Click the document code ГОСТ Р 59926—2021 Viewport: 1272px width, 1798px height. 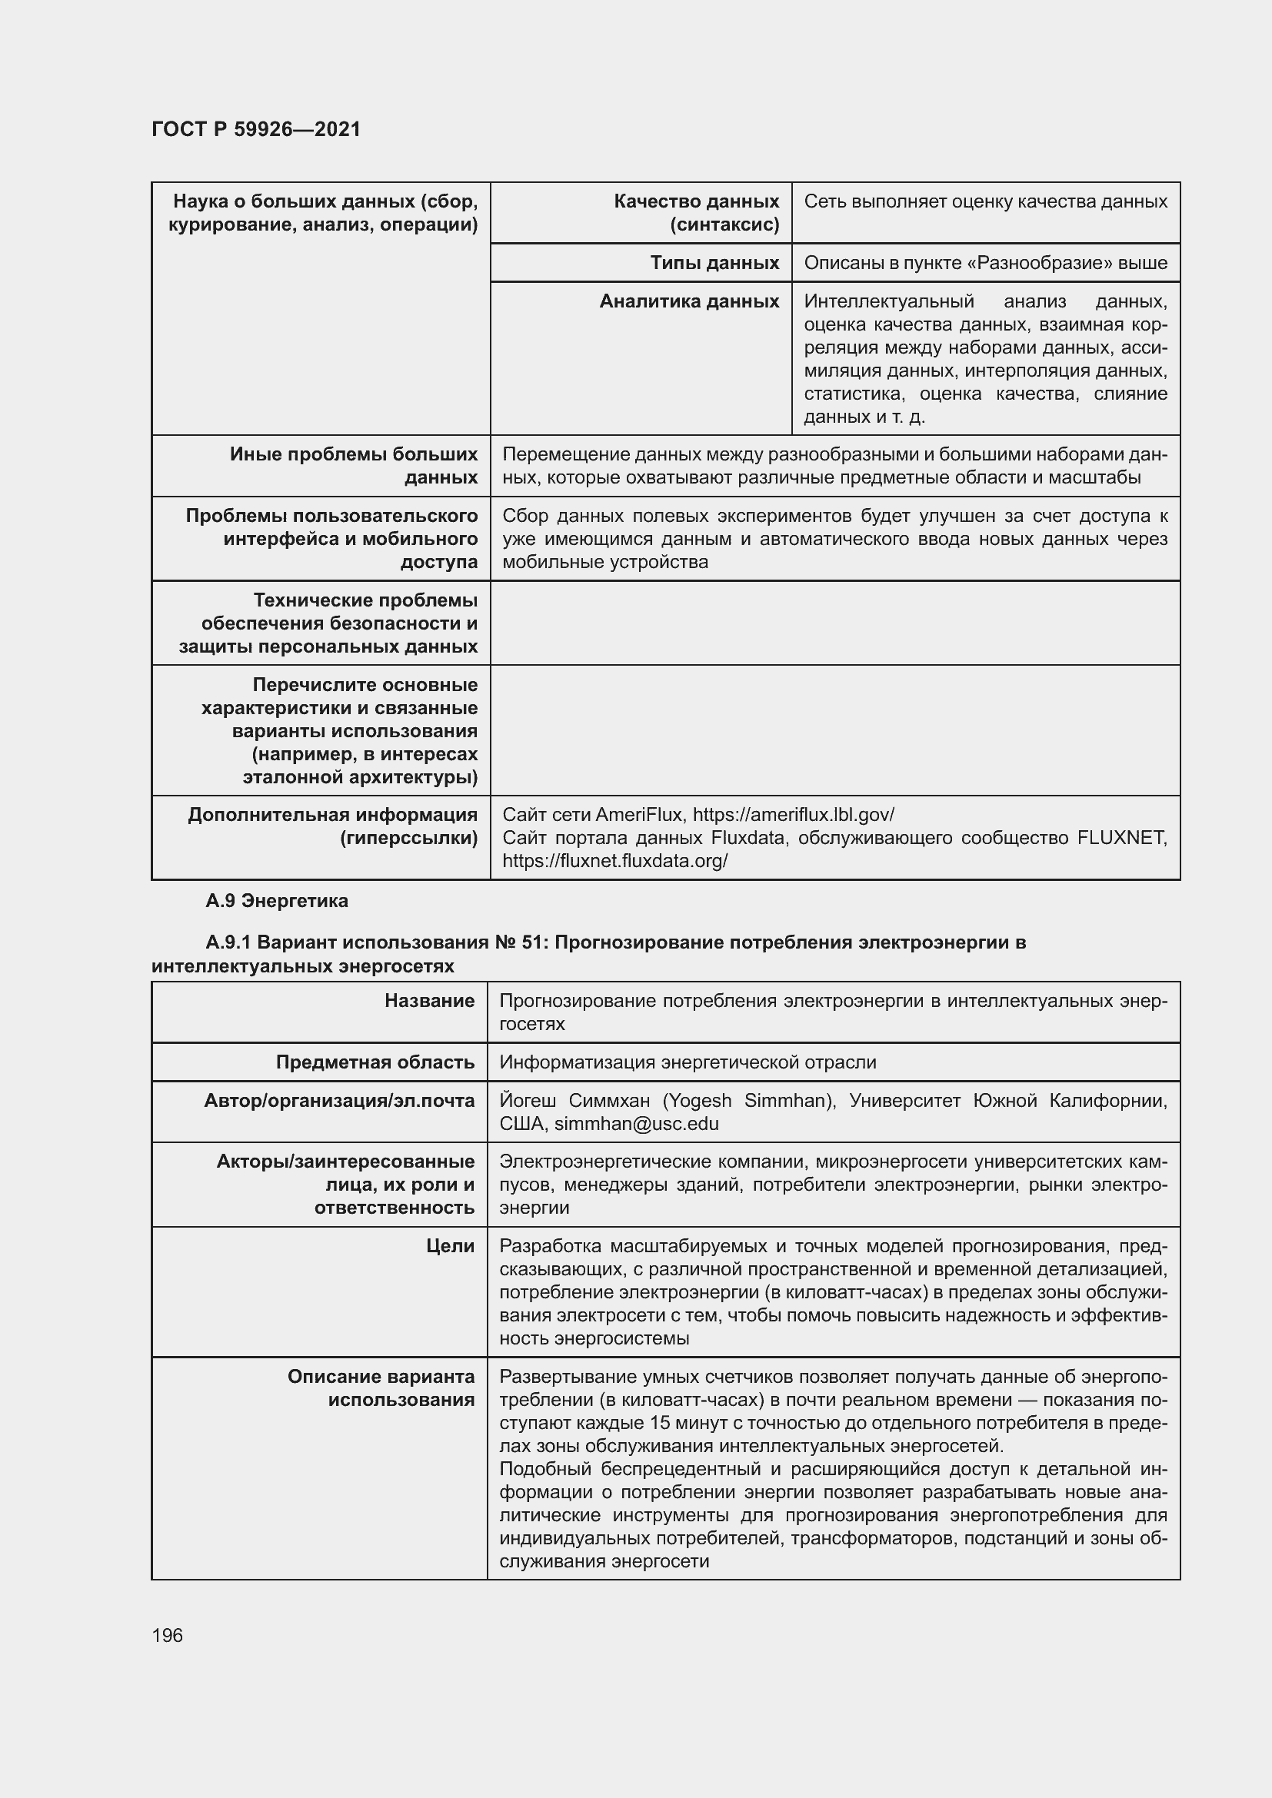[256, 129]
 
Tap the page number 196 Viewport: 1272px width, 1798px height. [167, 1635]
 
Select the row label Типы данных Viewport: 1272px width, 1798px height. [714, 263]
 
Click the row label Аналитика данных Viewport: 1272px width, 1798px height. [688, 301]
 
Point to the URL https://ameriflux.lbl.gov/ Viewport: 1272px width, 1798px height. [793, 815]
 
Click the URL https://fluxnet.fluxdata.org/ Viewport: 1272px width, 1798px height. [615, 862]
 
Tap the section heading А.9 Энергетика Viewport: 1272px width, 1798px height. [277, 902]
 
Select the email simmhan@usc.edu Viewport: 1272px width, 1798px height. [636, 1125]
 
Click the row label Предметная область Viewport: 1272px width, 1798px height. [375, 1062]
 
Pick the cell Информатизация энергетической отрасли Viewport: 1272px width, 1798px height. [688, 1062]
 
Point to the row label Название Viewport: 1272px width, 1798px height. [429, 1001]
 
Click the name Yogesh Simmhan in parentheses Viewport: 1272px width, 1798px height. [749, 1101]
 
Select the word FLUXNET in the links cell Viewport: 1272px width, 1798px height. [1121, 839]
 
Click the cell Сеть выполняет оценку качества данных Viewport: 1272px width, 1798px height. [985, 202]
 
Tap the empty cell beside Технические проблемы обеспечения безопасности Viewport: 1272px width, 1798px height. [834, 623]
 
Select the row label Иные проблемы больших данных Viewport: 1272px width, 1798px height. [353, 466]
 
